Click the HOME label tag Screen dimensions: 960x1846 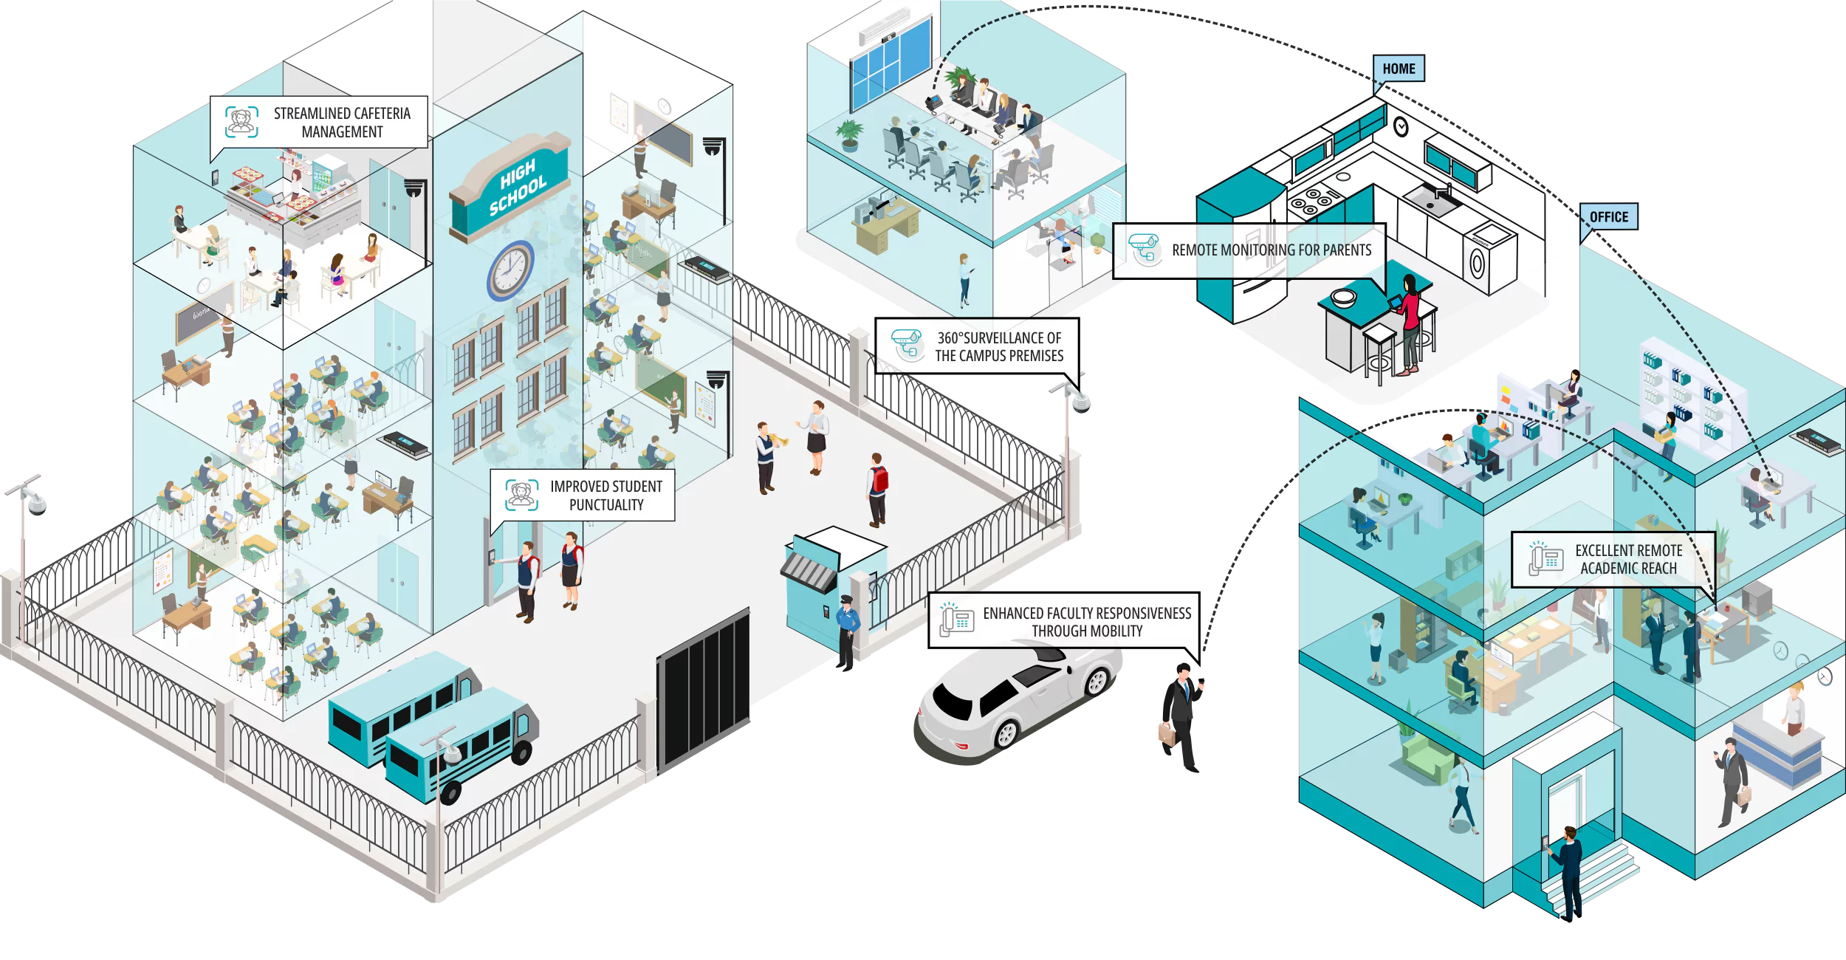[1398, 69]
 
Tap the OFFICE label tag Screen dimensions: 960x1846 [1608, 217]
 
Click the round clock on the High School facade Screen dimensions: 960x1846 [509, 270]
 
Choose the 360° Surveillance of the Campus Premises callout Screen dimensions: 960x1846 [978, 346]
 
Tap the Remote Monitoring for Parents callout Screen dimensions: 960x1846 [1249, 250]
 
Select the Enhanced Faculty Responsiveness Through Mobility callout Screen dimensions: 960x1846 [1064, 622]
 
